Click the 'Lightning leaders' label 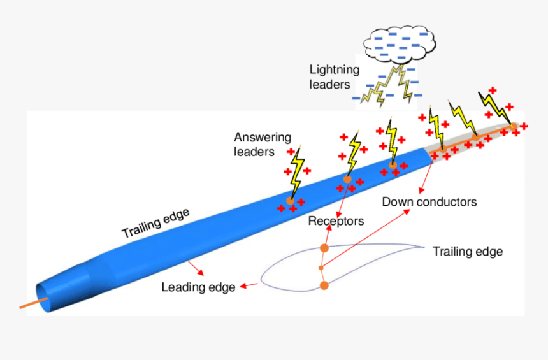(x=335, y=76)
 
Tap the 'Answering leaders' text (x=263, y=144)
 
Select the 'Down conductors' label (x=429, y=202)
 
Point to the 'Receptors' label (x=336, y=221)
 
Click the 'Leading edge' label (x=198, y=287)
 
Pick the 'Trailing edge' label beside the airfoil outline (x=467, y=252)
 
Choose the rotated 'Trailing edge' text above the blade (x=155, y=224)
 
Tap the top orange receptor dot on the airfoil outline (x=324, y=248)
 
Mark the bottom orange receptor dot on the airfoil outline (x=324, y=285)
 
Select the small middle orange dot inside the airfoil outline (x=321, y=268)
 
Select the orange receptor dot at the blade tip (x=513, y=126)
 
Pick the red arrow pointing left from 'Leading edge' (x=250, y=286)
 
